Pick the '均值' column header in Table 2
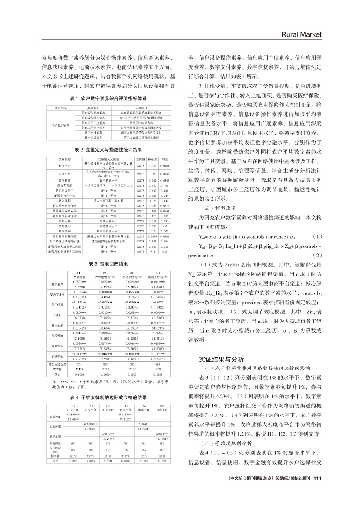tap(165, 159)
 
